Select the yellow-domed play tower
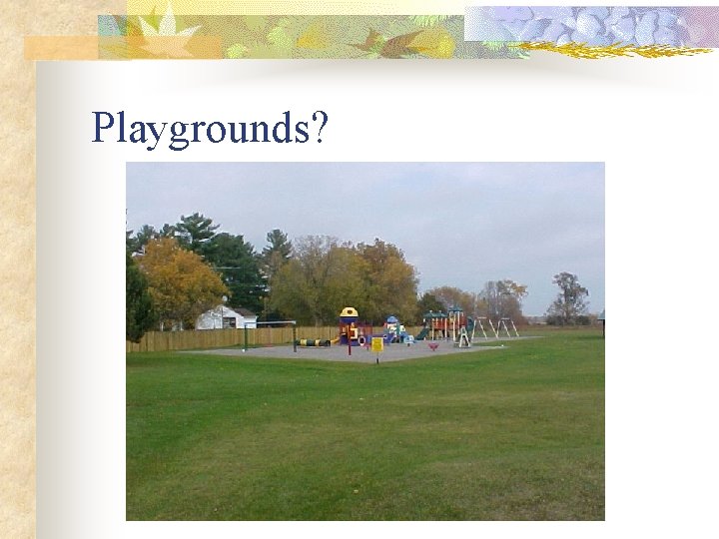349,325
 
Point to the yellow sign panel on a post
376,344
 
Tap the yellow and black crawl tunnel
314,342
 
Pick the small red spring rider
433,346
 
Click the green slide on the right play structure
423,332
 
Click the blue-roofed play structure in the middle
392,328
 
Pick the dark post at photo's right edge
602,323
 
